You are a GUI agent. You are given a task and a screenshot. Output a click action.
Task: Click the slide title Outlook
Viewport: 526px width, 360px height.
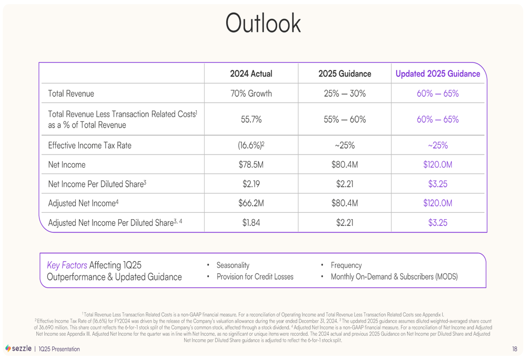coord(263,23)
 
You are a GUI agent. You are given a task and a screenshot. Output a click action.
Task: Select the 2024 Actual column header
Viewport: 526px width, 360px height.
coord(251,74)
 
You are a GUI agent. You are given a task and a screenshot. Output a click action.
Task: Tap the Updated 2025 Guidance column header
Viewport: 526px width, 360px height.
coord(437,74)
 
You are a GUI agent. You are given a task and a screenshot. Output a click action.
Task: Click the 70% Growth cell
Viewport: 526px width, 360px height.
coord(251,94)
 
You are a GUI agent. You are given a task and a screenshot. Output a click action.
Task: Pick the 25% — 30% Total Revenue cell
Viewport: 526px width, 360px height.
coord(345,94)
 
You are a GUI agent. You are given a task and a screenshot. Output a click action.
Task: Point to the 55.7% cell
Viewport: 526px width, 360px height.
coord(251,119)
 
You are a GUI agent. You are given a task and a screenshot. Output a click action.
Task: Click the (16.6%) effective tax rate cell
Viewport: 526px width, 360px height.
coord(251,145)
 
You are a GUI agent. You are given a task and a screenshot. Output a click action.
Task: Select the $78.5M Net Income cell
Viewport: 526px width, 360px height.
coord(251,164)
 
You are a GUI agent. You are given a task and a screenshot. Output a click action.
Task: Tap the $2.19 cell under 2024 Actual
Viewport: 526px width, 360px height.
coord(251,184)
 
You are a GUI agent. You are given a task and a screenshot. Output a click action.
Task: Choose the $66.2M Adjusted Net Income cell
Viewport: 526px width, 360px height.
coord(251,203)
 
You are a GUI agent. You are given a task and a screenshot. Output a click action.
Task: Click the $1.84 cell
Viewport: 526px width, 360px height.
coord(251,222)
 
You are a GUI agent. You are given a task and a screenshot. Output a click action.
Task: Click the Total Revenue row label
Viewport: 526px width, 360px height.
coord(71,94)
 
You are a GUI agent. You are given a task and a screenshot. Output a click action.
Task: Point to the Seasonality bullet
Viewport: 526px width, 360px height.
coord(232,265)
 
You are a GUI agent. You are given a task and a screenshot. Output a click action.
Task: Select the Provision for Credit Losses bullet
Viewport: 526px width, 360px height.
coord(255,276)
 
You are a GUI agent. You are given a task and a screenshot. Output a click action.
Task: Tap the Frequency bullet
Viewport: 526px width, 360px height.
coord(346,265)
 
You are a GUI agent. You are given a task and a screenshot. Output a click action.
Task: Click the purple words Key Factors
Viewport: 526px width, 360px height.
coord(67,265)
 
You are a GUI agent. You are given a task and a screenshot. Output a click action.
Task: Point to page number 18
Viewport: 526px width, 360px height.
coord(514,349)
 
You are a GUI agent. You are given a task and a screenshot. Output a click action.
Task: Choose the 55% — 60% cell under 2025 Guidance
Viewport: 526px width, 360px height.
coord(345,119)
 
